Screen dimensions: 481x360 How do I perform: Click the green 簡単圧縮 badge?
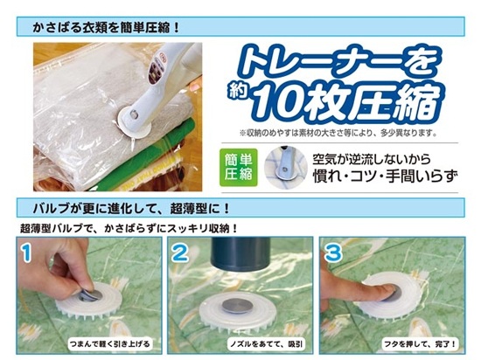tap(239, 167)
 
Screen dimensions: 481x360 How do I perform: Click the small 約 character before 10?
tap(239, 91)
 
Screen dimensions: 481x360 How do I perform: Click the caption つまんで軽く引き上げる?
tap(110, 343)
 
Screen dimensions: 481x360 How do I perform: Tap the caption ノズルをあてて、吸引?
tap(266, 343)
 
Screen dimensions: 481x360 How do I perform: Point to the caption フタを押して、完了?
tap(420, 343)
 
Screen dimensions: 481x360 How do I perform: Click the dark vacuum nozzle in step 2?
tap(240, 253)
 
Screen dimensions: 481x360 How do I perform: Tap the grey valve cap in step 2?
tap(237, 306)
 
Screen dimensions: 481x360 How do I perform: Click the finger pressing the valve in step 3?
tap(356, 291)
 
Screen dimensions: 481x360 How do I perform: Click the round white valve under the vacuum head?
tap(135, 122)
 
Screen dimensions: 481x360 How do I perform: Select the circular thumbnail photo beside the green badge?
tap(286, 167)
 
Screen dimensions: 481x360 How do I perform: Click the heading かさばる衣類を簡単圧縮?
tap(106, 28)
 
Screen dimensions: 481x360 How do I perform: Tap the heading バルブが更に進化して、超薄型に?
tap(131, 209)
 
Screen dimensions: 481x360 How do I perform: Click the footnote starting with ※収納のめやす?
tap(338, 133)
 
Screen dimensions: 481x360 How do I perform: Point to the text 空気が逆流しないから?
tap(372, 159)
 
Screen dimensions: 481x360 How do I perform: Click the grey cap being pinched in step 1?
tap(89, 294)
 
